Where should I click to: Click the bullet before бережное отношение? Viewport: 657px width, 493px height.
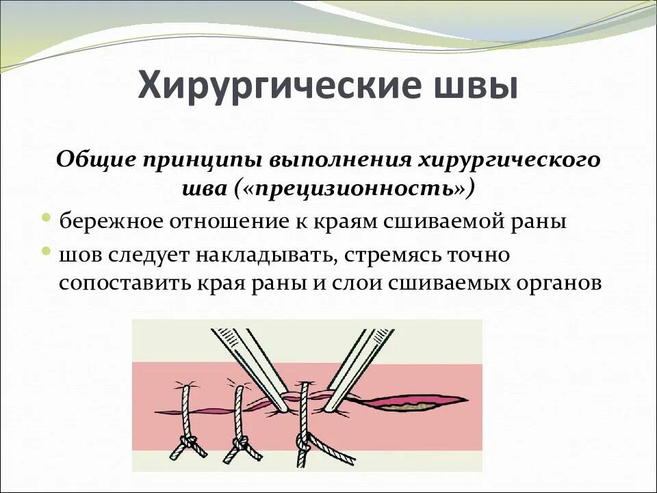pos(46,218)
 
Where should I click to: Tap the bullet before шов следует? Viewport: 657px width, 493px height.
pos(46,251)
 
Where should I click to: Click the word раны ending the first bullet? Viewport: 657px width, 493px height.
pos(538,222)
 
